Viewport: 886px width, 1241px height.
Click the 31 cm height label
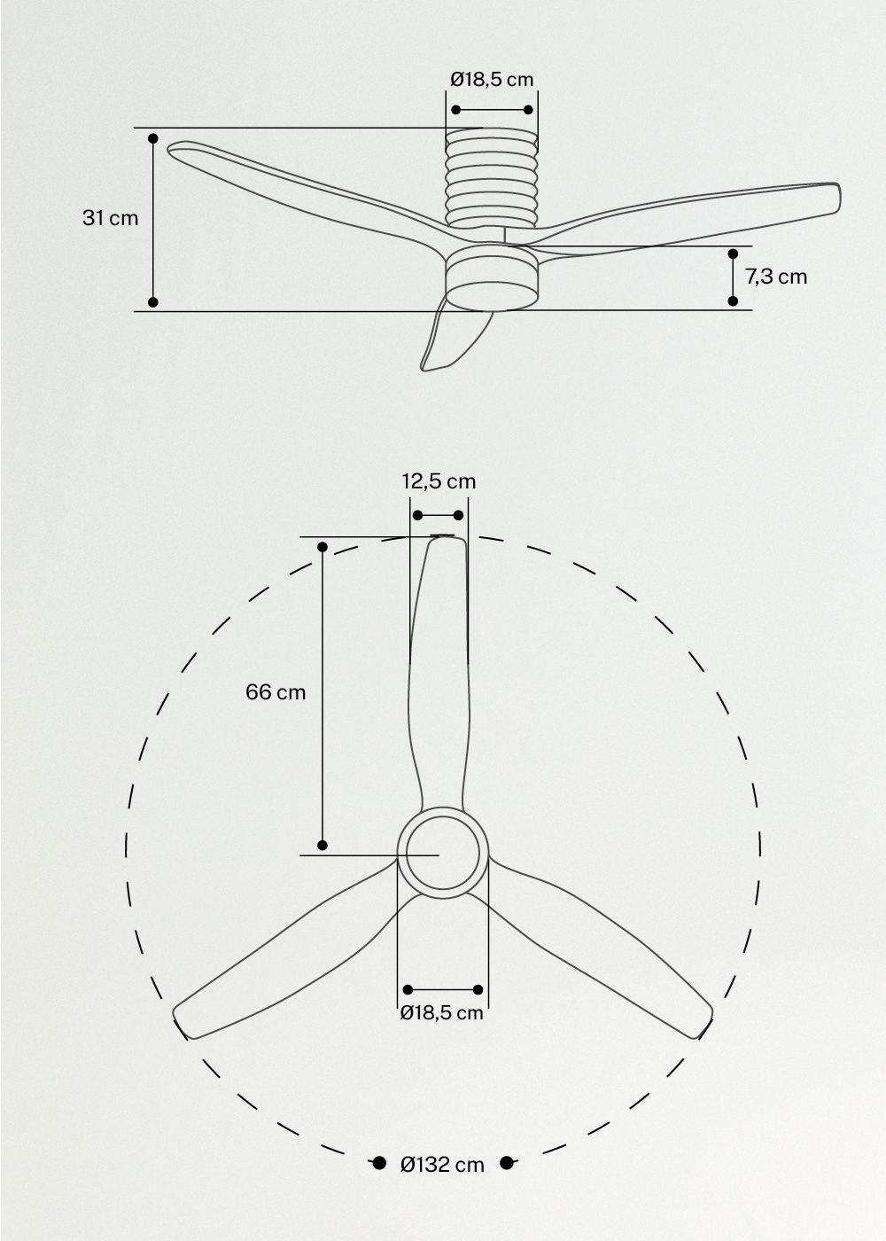click(111, 217)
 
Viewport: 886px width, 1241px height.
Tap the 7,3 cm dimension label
click(776, 277)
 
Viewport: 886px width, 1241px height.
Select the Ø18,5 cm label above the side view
click(492, 79)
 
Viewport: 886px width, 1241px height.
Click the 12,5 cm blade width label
click(439, 481)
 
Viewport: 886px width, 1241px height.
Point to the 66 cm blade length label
click(276, 691)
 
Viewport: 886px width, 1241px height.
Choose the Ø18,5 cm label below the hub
click(441, 1012)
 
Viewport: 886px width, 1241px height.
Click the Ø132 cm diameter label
click(442, 1164)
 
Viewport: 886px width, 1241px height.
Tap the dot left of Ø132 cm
click(378, 1163)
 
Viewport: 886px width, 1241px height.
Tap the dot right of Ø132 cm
click(507, 1163)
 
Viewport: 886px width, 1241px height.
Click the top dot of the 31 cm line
click(153, 139)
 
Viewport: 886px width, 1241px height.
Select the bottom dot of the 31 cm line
click(153, 302)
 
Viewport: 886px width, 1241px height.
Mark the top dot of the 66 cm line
click(323, 547)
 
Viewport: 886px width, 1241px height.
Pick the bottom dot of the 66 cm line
click(323, 845)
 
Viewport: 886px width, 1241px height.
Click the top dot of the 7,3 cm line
click(733, 254)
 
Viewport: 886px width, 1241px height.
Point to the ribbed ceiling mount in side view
click(492, 177)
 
